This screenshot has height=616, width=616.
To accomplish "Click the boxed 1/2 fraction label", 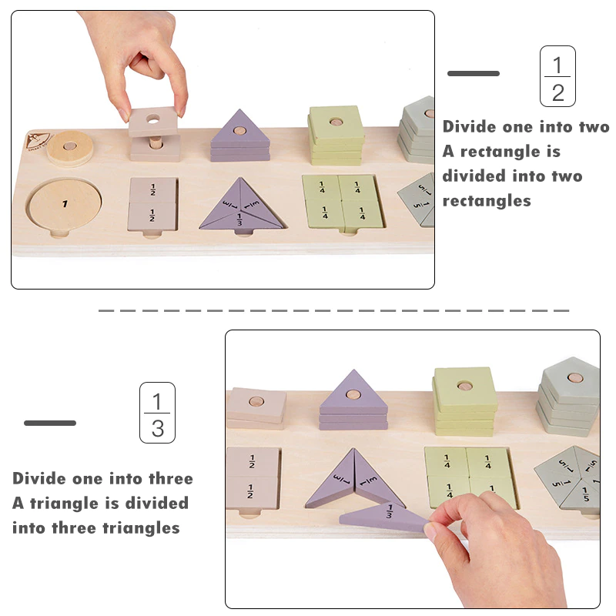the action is coord(557,76).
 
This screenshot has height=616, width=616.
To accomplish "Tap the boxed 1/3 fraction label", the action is coord(157,413).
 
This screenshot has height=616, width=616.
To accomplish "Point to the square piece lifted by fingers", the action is coord(153,122).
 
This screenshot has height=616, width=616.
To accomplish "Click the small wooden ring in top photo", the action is coord(70,148).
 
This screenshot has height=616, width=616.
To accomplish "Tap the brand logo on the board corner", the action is coord(37,142).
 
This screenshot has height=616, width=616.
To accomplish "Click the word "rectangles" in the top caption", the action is coord(487,201).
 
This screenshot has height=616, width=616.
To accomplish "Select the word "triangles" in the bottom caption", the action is coord(141,527).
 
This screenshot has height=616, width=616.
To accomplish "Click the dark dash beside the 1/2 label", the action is coord(474,73).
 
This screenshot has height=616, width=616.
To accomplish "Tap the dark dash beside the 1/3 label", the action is coord(50,423).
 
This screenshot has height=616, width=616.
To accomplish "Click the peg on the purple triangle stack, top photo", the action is coord(239,130).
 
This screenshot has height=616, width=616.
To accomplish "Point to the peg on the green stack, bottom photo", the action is coord(464,386).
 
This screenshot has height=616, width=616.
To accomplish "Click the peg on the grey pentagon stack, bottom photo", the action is coord(575,378).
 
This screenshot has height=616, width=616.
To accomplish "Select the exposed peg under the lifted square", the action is coord(157,143).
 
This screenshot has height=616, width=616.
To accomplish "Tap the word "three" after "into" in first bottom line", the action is coord(171,478).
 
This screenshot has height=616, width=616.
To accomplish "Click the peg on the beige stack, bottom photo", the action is coord(256,401).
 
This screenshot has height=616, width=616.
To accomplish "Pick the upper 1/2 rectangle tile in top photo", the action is coord(152,190).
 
